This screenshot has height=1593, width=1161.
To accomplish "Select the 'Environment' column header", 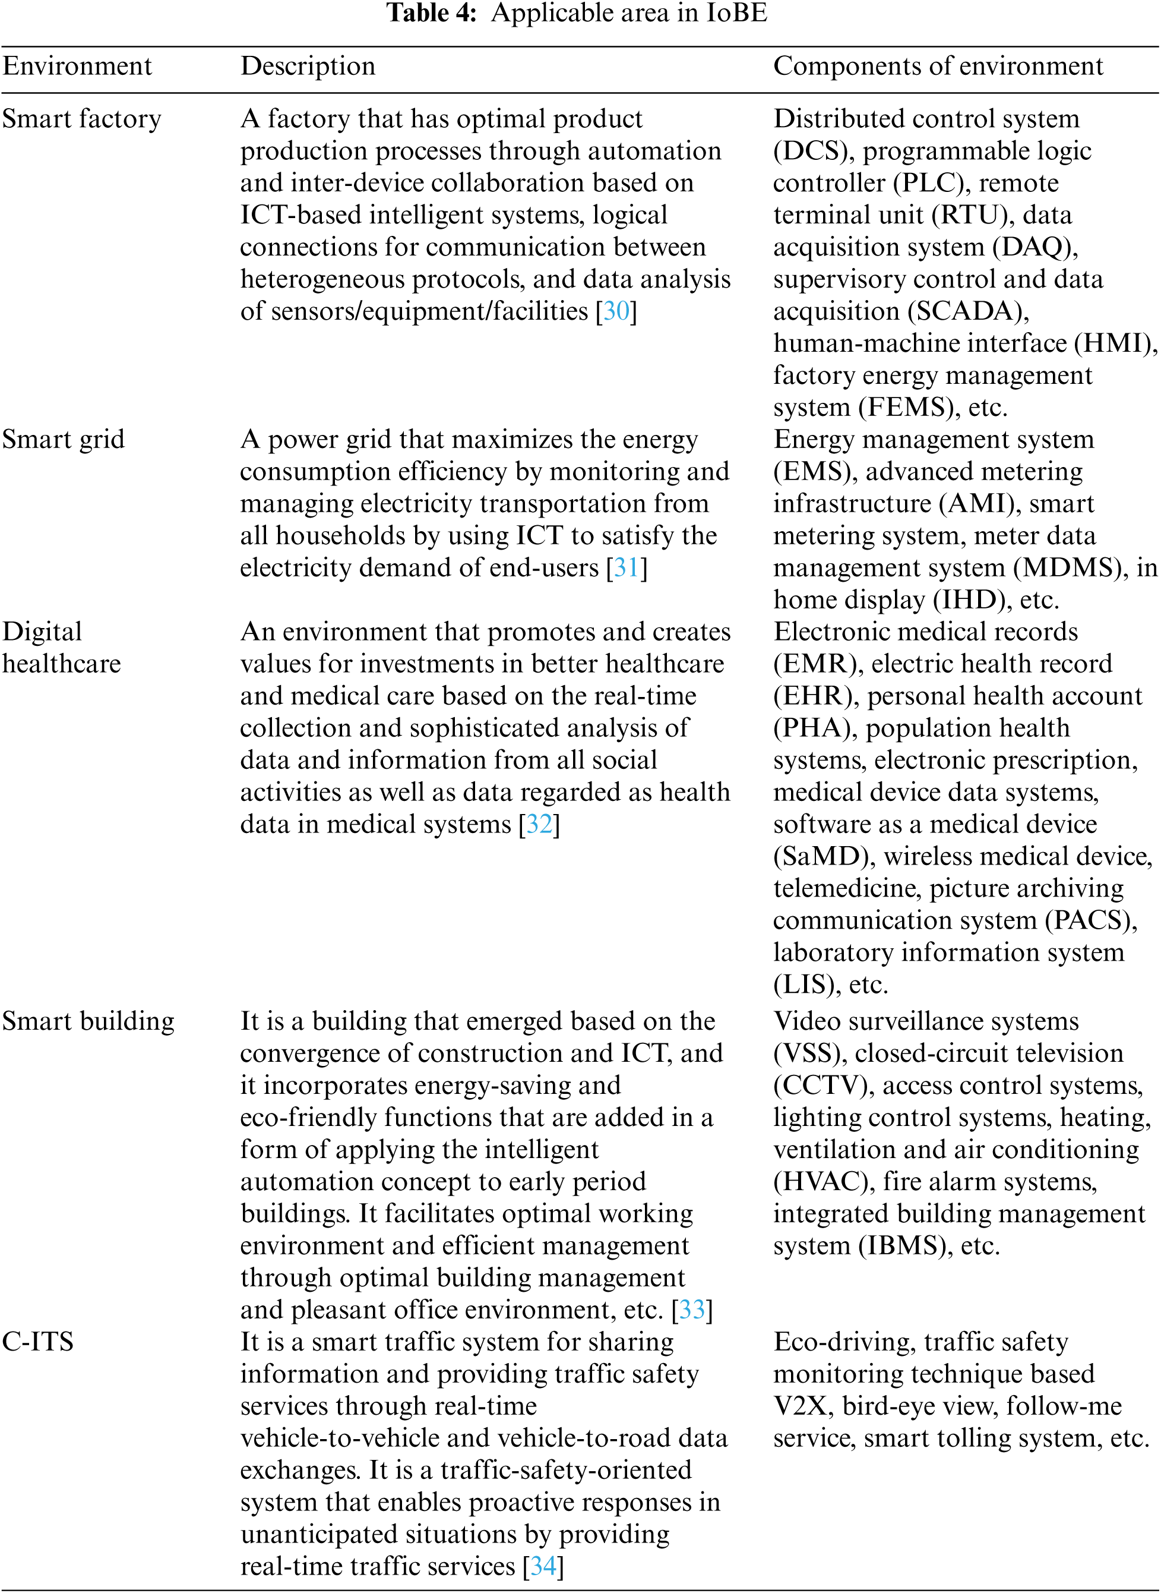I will [77, 66].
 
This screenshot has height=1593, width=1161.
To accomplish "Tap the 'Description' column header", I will [308, 66].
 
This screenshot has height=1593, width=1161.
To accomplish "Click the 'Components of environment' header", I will [938, 66].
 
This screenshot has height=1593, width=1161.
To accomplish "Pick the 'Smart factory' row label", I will [81, 119].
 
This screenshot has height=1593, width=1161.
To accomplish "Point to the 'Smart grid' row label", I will [64, 439].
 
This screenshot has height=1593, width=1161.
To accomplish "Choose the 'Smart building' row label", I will [88, 1021].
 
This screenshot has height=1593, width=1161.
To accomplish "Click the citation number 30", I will [616, 311].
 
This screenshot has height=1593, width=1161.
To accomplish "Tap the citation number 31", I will [627, 568].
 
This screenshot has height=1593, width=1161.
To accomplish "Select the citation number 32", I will [539, 825].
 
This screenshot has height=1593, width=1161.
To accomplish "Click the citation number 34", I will [543, 1566].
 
